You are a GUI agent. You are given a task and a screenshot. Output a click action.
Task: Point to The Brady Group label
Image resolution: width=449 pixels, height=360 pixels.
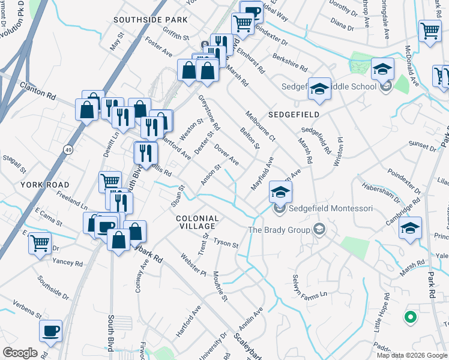coord(280,230)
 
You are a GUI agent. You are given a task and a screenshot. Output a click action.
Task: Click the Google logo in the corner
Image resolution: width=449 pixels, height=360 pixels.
coord(20,353)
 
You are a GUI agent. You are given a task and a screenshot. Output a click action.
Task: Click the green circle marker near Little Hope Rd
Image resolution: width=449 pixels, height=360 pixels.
coord(411,317)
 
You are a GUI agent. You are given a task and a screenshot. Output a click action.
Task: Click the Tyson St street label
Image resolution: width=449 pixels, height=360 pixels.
coord(227,244)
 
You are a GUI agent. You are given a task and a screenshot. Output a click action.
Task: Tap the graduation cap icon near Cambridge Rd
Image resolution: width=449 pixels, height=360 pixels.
coord(411,228)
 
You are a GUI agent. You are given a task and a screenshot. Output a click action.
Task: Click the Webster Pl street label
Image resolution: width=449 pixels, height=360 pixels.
coord(193,265)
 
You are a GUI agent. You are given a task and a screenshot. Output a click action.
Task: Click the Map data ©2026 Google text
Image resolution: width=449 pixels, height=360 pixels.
coord(412,355)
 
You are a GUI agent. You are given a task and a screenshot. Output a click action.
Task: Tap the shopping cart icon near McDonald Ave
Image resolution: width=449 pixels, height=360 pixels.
coord(430,31)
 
